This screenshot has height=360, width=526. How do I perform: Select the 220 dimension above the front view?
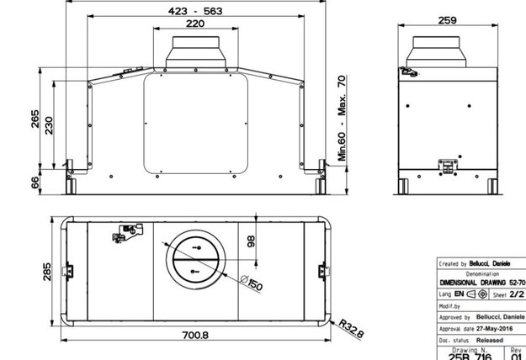(194, 25)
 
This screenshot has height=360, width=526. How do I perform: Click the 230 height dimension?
(50, 125)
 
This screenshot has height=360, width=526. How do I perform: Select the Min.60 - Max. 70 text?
(343, 118)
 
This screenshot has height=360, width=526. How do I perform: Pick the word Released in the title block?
(491, 340)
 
